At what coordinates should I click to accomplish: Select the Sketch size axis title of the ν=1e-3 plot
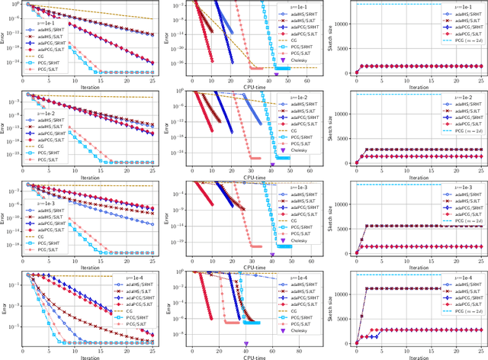pyautogui.click(x=332, y=219)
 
